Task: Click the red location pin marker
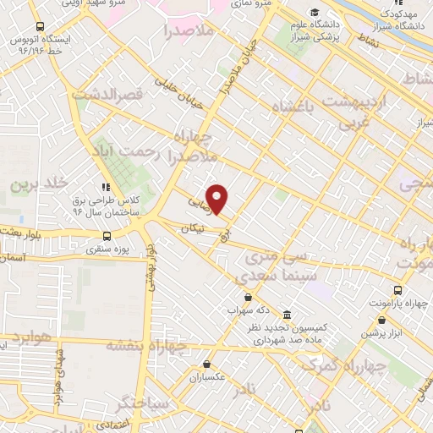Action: click(x=218, y=198)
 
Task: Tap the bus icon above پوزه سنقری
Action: click(x=107, y=236)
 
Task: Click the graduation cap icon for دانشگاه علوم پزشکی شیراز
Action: click(x=315, y=13)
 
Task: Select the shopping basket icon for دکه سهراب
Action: click(x=247, y=297)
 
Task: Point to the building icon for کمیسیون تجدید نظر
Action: click(x=288, y=313)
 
